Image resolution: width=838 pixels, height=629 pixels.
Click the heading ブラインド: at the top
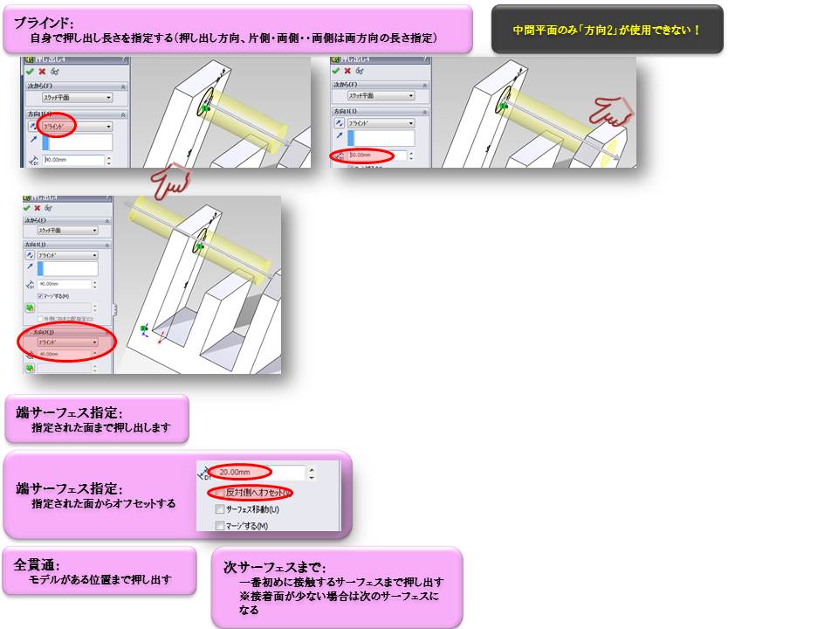(44, 22)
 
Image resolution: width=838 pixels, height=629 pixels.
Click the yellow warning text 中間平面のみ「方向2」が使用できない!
(607, 30)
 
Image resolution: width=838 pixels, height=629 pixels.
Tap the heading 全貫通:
(37, 564)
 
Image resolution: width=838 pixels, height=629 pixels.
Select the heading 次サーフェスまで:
(275, 567)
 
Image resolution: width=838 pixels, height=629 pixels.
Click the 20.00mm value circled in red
(239, 472)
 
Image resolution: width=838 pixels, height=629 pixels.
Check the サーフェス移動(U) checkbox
(219, 509)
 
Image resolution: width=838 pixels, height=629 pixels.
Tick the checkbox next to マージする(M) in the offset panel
(219, 526)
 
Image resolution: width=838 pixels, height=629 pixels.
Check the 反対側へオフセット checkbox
(219, 493)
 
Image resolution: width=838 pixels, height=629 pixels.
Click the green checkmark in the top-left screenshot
(30, 71)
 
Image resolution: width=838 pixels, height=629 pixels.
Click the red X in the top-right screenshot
(347, 71)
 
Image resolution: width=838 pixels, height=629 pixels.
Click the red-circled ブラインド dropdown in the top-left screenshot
(58, 125)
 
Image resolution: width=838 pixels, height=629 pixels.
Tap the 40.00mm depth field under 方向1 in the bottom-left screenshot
(65, 284)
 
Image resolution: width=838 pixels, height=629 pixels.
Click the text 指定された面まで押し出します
(100, 429)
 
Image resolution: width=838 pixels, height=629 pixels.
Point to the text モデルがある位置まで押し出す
(100, 579)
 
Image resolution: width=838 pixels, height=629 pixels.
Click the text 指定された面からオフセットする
(103, 503)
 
